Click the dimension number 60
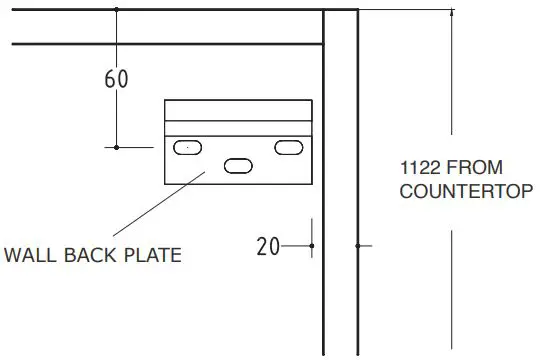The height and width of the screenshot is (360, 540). click(116, 79)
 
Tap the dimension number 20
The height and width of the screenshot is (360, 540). click(268, 246)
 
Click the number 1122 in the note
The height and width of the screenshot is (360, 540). click(420, 167)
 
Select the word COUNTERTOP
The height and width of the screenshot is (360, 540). click(466, 191)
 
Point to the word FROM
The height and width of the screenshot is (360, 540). click(475, 167)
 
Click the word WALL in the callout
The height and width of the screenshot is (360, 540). click(30, 255)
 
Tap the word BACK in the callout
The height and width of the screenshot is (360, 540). click(90, 255)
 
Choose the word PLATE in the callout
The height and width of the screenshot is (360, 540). click(153, 255)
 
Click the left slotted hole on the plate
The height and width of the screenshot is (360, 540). click(187, 147)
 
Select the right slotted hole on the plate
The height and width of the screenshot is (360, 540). click(289, 147)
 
